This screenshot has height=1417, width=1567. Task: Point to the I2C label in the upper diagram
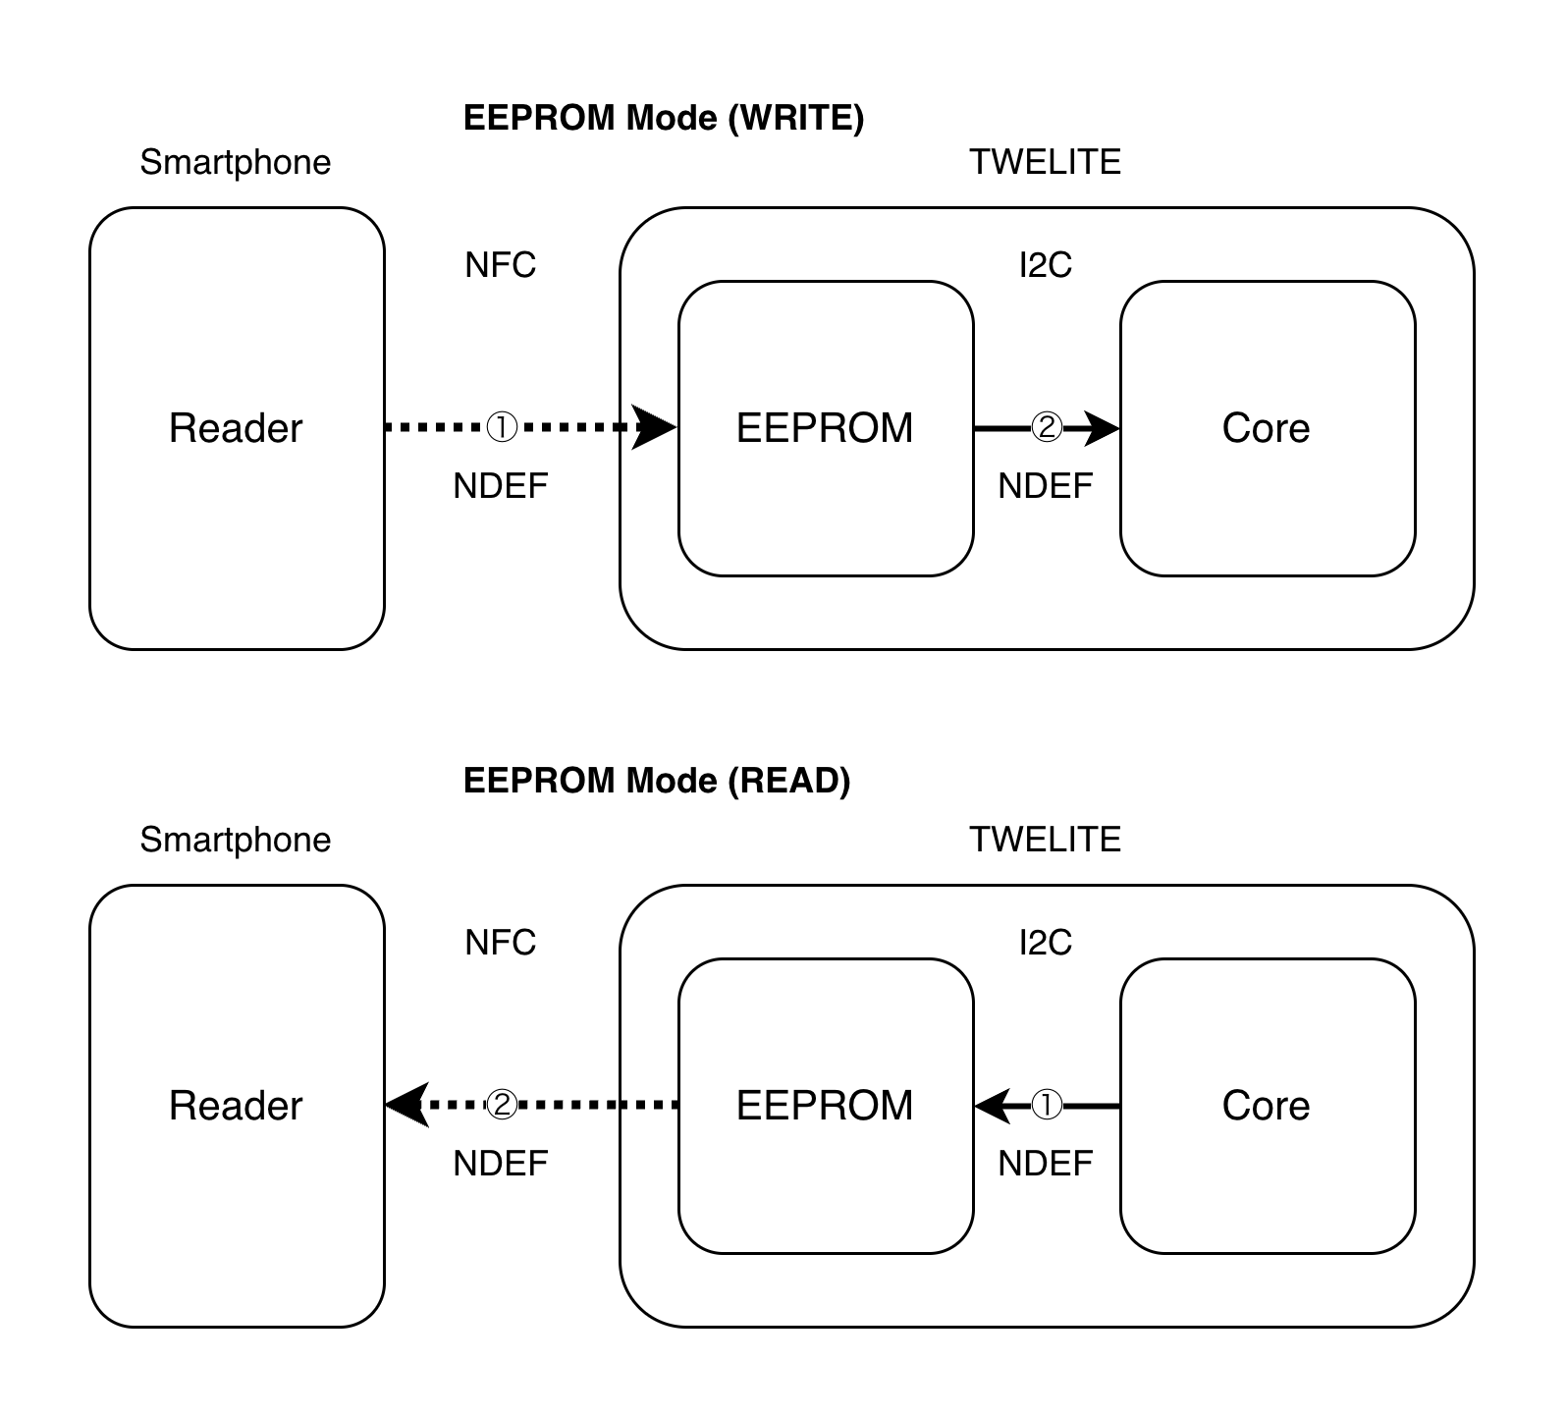pyautogui.click(x=1046, y=265)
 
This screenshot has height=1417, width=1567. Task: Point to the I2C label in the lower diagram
pyautogui.click(x=1046, y=943)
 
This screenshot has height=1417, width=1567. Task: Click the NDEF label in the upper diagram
pyautogui.click(x=1045, y=486)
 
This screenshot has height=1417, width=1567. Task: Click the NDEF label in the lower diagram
pyautogui.click(x=1045, y=1164)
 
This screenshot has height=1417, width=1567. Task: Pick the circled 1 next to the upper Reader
pyautogui.click(x=502, y=428)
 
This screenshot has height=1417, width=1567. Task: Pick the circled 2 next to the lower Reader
pyautogui.click(x=502, y=1106)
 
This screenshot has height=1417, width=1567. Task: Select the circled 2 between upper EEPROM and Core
pyautogui.click(x=1047, y=428)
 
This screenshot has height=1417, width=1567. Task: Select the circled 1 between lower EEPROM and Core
pyautogui.click(x=1047, y=1106)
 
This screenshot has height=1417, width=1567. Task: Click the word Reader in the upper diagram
pyautogui.click(x=236, y=428)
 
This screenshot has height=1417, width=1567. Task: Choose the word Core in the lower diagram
pyautogui.click(x=1266, y=1106)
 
